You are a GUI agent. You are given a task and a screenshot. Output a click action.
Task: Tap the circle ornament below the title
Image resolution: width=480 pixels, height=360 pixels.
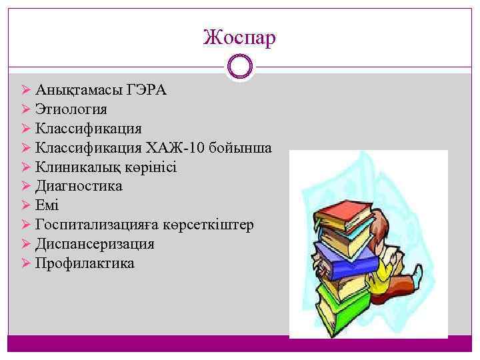(x=239, y=67)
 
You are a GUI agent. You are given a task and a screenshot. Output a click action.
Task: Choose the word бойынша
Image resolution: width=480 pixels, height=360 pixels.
(x=247, y=147)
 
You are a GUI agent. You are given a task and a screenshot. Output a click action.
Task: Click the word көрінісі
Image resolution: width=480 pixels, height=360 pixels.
(x=151, y=167)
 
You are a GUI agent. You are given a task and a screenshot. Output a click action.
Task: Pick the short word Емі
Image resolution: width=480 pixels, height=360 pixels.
(x=47, y=205)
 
